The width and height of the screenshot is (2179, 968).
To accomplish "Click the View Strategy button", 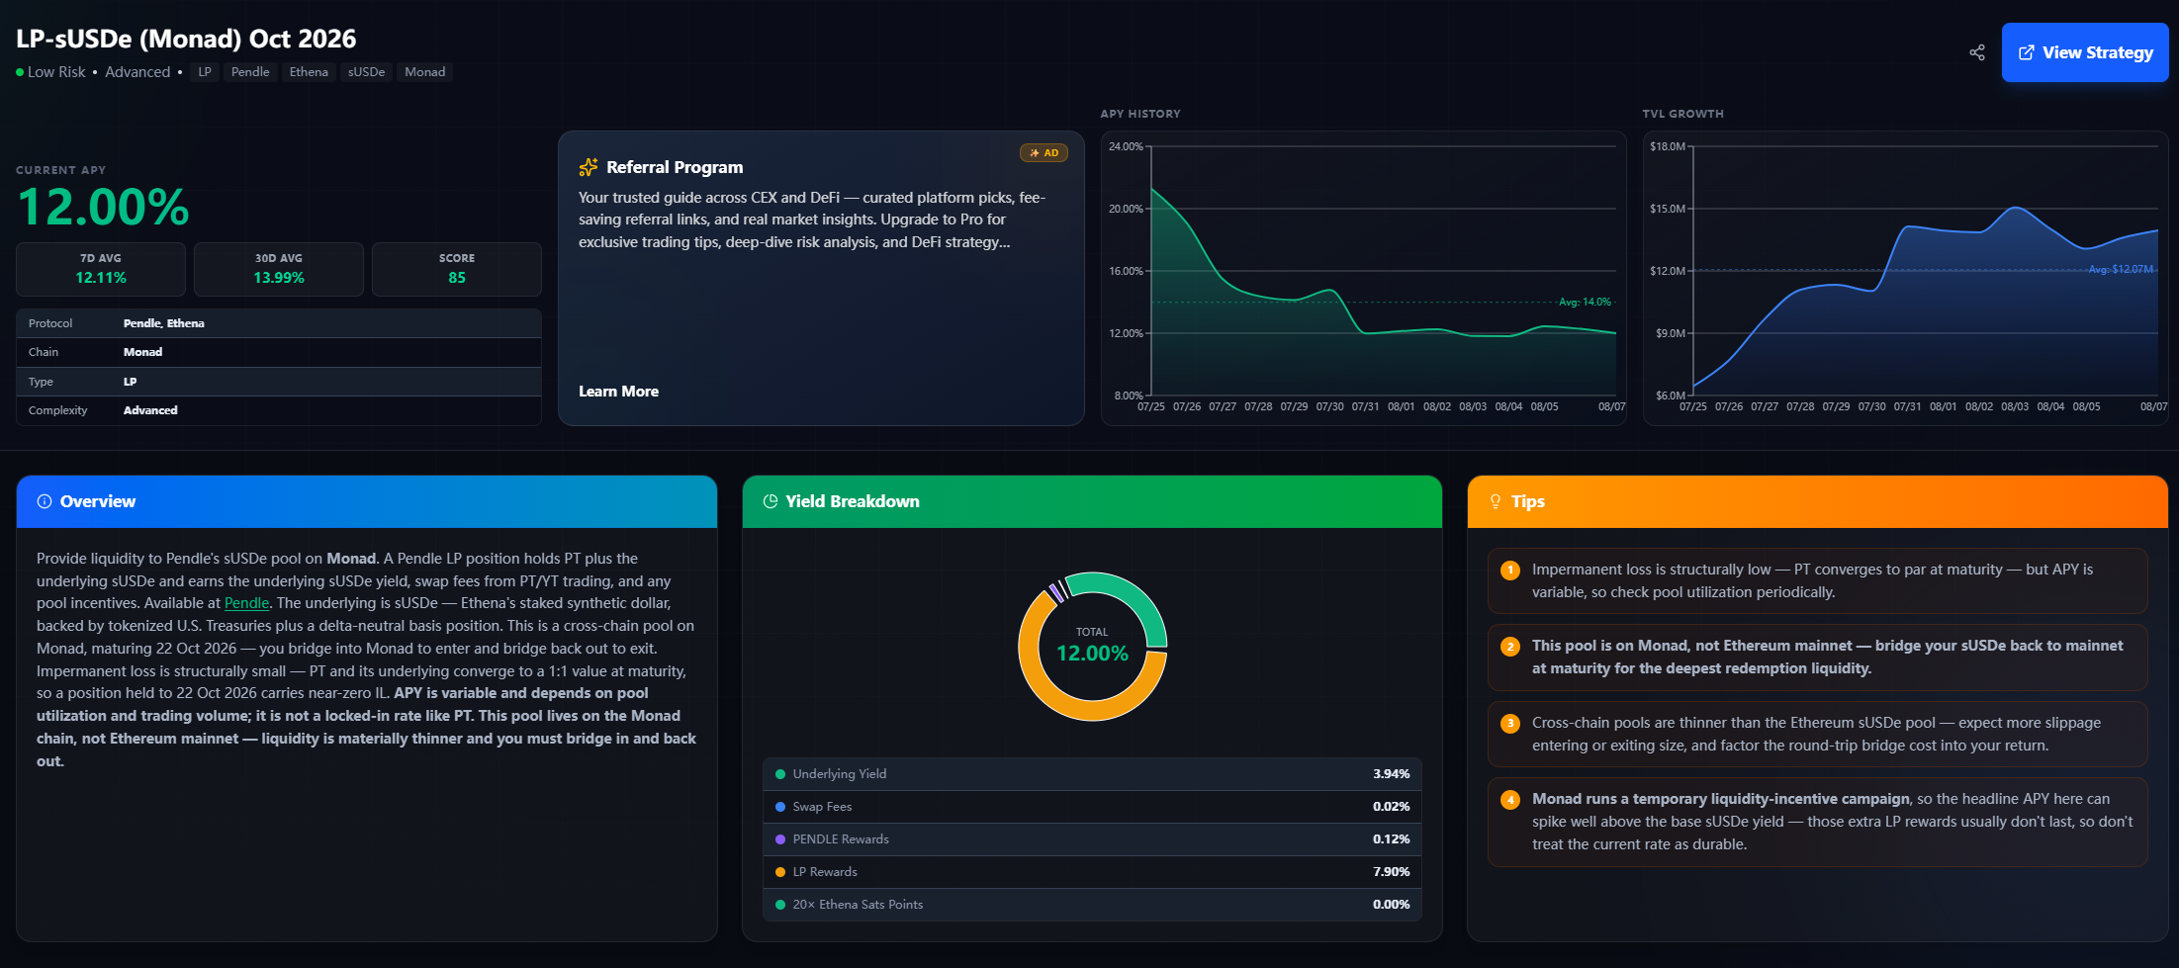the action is (2084, 52).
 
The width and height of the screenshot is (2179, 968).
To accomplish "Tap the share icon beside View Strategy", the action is (1976, 52).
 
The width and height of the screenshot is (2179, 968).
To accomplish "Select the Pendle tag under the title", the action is (250, 72).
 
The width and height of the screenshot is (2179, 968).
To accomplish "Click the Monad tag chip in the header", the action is (424, 72).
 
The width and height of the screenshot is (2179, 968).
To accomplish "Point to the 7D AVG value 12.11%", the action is (101, 278).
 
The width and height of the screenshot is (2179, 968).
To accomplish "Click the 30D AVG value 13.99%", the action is (279, 278).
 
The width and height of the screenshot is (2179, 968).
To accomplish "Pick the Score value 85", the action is (457, 278).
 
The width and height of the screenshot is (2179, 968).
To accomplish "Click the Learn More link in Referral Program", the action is (618, 392).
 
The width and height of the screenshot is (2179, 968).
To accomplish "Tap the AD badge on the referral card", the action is (1044, 153).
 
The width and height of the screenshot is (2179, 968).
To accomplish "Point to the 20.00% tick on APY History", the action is (1126, 209).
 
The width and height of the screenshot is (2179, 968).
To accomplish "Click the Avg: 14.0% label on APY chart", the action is (1585, 302).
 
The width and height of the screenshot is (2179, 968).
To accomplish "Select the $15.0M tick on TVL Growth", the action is (1668, 209).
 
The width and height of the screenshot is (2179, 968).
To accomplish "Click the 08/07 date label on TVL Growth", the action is (2153, 406).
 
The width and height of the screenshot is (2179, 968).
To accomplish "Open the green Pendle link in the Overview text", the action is (246, 603).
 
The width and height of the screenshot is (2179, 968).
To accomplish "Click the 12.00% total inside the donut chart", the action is (1092, 654).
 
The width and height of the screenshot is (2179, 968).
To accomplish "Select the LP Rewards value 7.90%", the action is (1391, 872).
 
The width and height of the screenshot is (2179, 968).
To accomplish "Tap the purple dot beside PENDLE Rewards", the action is (780, 839).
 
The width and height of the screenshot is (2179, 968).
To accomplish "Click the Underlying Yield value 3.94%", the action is (1391, 774).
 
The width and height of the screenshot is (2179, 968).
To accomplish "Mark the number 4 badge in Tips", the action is (1510, 800).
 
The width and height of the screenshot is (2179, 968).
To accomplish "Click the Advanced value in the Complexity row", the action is (150, 410).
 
